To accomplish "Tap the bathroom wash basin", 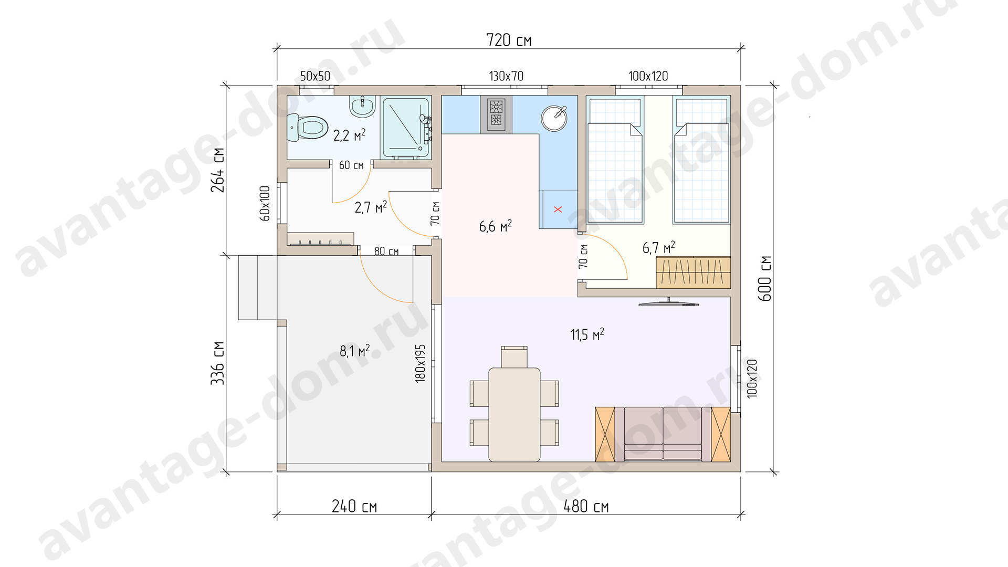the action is [x=363, y=107].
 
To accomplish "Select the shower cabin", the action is [x=406, y=128].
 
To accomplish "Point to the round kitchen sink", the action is [x=554, y=118].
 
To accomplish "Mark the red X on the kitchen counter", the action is [x=558, y=209].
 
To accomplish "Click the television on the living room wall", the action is [x=669, y=302].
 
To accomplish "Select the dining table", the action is [x=514, y=414].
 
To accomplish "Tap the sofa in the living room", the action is [x=663, y=434].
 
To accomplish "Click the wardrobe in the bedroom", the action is [x=694, y=272].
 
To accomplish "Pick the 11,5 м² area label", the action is [x=587, y=334].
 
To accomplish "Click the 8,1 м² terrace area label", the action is [x=355, y=351].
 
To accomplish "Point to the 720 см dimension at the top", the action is [x=509, y=40].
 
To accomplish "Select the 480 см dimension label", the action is [x=586, y=507].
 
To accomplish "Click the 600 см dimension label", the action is [x=765, y=278].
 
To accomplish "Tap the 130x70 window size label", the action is [x=506, y=76].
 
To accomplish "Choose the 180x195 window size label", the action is [x=421, y=363].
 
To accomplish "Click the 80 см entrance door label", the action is [x=386, y=251].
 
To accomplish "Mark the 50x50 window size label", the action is [x=315, y=76].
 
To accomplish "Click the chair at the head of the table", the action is [x=514, y=357].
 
